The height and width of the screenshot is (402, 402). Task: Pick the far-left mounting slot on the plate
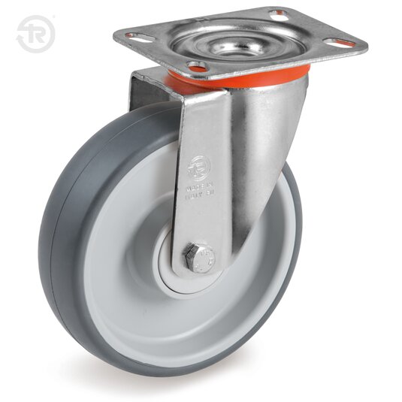click(133, 35)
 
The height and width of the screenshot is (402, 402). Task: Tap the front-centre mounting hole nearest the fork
click(197, 68)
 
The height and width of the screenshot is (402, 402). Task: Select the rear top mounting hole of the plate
click(280, 13)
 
